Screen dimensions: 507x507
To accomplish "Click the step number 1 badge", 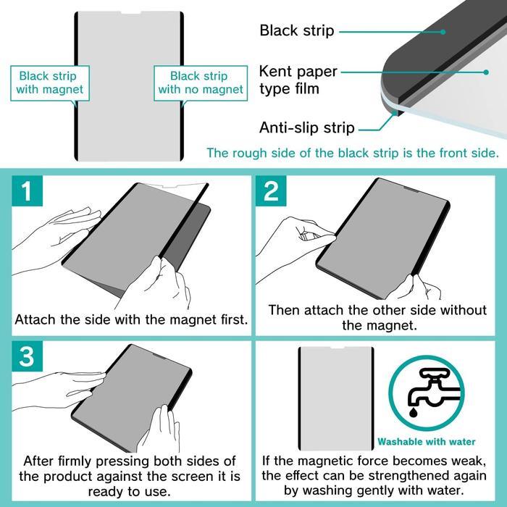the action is point(28,190).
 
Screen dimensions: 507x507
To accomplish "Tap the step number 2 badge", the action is point(271,190).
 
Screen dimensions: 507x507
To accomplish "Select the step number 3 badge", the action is point(28,356).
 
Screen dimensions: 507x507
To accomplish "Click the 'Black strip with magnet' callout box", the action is point(50,83).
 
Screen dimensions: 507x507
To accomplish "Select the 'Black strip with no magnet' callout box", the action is point(201,83).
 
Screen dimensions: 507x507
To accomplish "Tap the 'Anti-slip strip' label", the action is point(307,127).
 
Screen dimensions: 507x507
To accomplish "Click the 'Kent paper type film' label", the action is point(298,80).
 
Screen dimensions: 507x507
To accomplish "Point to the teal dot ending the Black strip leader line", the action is point(443,32).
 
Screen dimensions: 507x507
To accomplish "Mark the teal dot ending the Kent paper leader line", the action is point(486,72).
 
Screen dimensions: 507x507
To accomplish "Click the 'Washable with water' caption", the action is point(427,442).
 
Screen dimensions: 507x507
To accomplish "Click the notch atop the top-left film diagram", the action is point(131,13).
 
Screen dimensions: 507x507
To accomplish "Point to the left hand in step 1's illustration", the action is point(56,239).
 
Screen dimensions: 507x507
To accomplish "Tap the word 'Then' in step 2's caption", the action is point(284,310).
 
